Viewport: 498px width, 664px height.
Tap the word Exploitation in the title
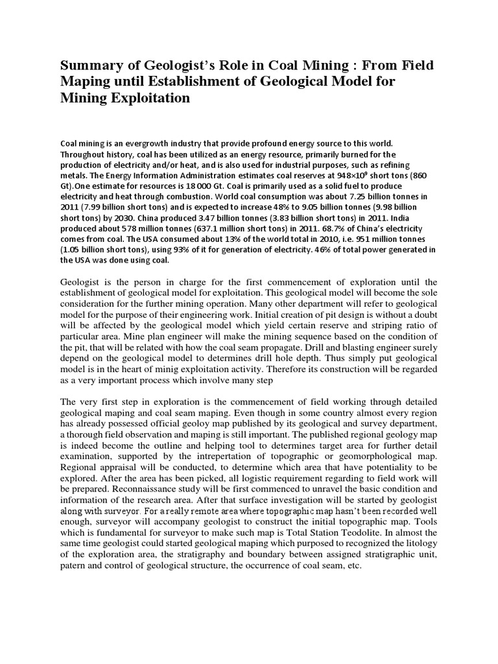tap(146, 99)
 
